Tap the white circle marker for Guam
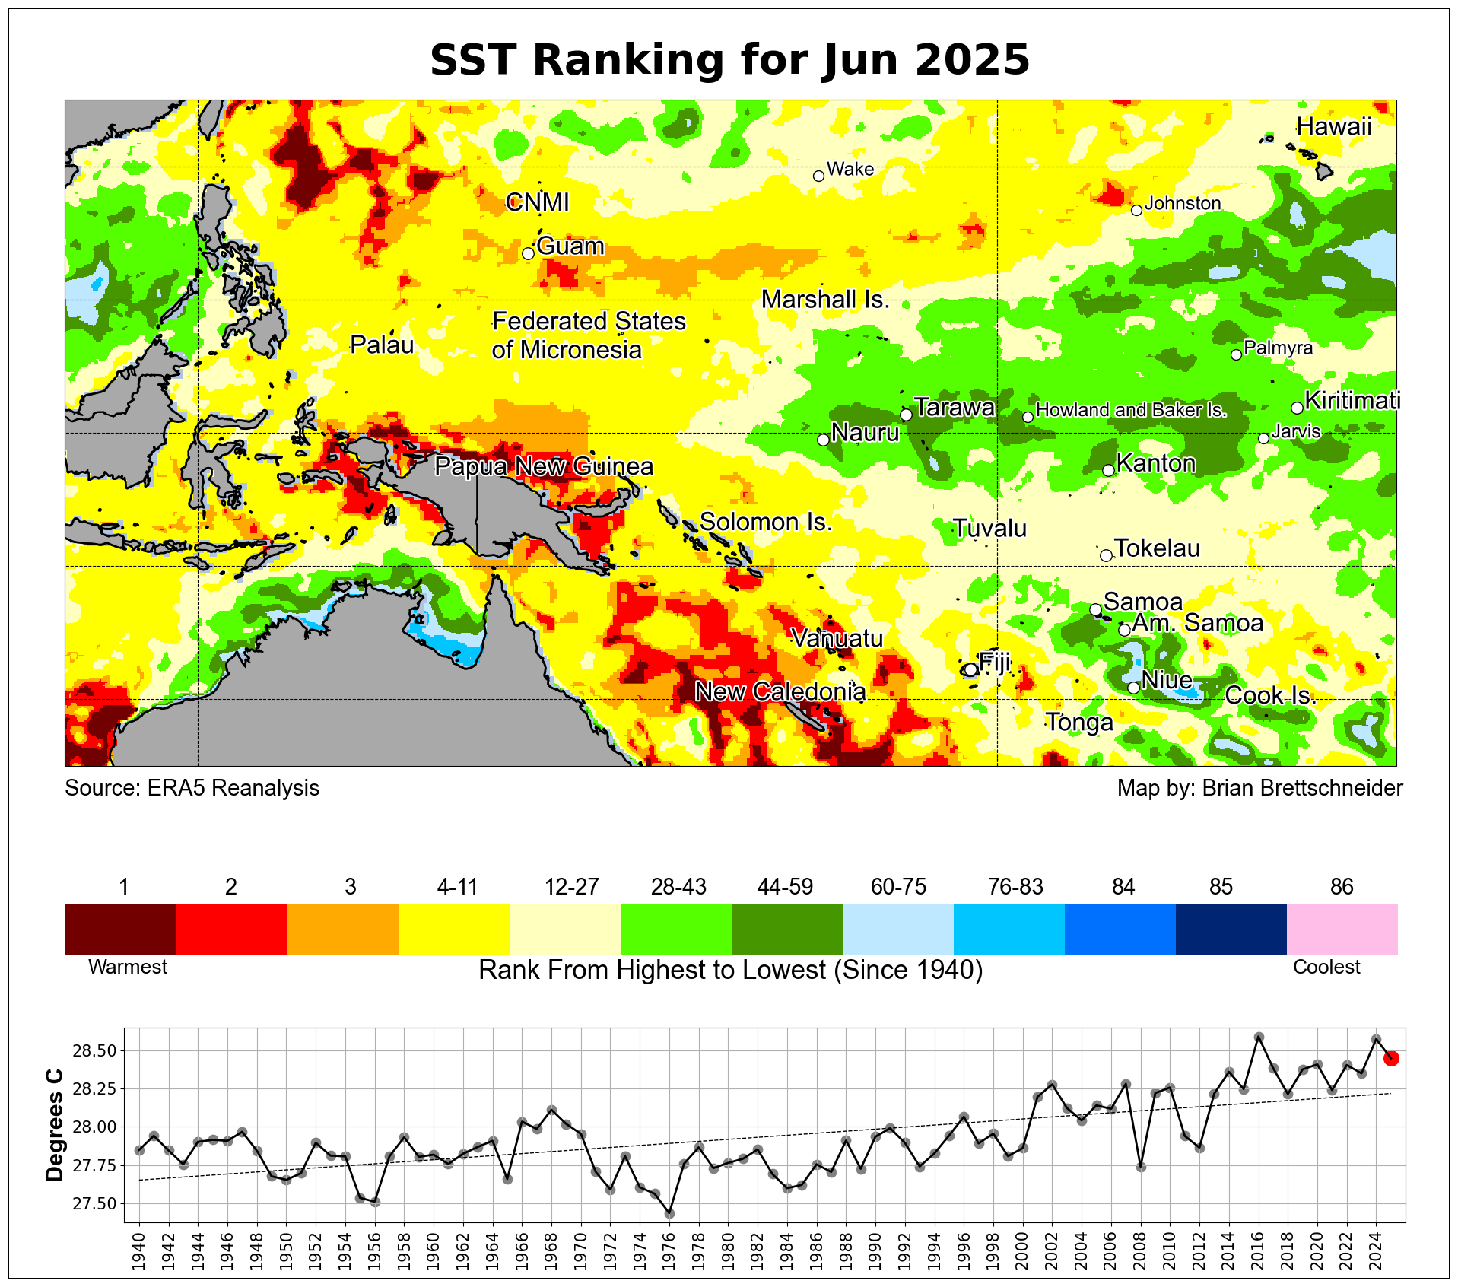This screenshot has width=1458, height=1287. (x=529, y=253)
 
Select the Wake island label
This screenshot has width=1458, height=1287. (x=850, y=169)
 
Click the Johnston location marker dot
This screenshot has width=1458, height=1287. (x=1136, y=210)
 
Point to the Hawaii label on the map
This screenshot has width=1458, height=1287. (x=1333, y=126)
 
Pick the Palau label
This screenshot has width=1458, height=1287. (x=382, y=345)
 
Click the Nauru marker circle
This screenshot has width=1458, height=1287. (x=823, y=440)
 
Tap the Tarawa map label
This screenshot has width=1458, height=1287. (x=954, y=408)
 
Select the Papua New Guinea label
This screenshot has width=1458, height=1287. (x=543, y=466)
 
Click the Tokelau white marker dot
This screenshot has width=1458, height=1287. (x=1106, y=555)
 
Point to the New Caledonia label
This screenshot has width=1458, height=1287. (x=780, y=691)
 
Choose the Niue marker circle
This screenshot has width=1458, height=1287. (x=1133, y=688)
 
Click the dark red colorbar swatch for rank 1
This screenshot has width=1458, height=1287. (x=121, y=928)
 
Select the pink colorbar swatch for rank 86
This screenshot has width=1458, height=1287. (x=1342, y=928)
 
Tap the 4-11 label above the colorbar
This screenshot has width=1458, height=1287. (x=457, y=887)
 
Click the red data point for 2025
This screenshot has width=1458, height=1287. (x=1391, y=1058)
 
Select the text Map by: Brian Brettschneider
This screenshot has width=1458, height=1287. (x=1259, y=788)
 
